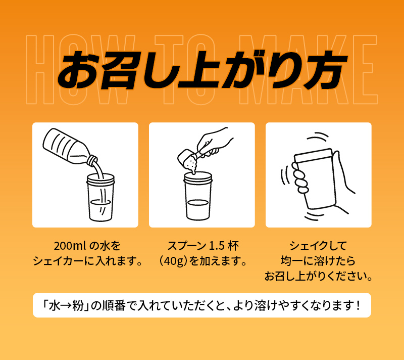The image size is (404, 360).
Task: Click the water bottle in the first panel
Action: point(68,147)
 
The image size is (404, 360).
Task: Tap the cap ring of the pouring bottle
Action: point(92,160)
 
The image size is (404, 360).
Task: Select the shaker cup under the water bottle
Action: point(100,197)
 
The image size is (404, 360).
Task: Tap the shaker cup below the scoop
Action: point(198,196)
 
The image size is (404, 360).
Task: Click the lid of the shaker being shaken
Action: point(314,156)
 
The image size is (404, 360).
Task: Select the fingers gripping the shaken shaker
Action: point(300,178)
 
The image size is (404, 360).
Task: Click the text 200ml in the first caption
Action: point(70,246)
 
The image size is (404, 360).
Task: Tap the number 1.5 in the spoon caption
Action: point(217,246)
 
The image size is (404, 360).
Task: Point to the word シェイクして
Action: point(318,246)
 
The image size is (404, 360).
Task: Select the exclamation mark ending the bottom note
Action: point(358,306)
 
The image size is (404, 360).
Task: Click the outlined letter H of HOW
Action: point(40,70)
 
